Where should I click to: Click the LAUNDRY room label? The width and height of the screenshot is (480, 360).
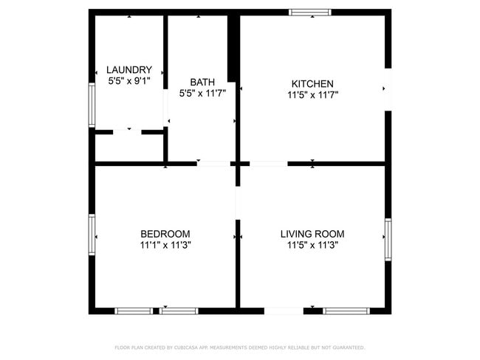tap(129, 70)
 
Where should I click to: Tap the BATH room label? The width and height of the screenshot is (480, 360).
tap(202, 82)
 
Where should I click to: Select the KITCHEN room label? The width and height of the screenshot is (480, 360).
tap(312, 83)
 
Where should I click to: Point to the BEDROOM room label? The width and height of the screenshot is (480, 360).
tap(165, 234)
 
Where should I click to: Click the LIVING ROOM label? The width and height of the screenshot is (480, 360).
tap(312, 234)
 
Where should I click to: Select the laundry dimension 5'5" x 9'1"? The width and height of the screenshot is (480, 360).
tap(129, 80)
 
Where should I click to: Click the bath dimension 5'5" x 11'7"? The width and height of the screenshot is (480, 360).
tap(202, 93)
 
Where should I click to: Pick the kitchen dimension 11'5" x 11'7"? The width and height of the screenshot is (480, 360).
tap(312, 94)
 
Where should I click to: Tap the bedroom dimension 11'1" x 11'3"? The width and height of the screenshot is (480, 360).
tap(165, 245)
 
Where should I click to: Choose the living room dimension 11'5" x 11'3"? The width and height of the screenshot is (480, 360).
tap(312, 245)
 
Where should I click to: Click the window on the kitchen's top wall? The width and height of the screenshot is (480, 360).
tap(310, 12)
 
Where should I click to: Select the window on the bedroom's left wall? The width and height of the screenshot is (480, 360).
tap(92, 235)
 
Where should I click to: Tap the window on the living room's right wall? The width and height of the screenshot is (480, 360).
tap(388, 239)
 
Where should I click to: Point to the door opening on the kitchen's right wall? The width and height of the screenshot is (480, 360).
tap(388, 89)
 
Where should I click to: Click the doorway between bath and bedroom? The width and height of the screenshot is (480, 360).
tap(214, 163)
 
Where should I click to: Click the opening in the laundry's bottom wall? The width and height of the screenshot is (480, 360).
tap(127, 132)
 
